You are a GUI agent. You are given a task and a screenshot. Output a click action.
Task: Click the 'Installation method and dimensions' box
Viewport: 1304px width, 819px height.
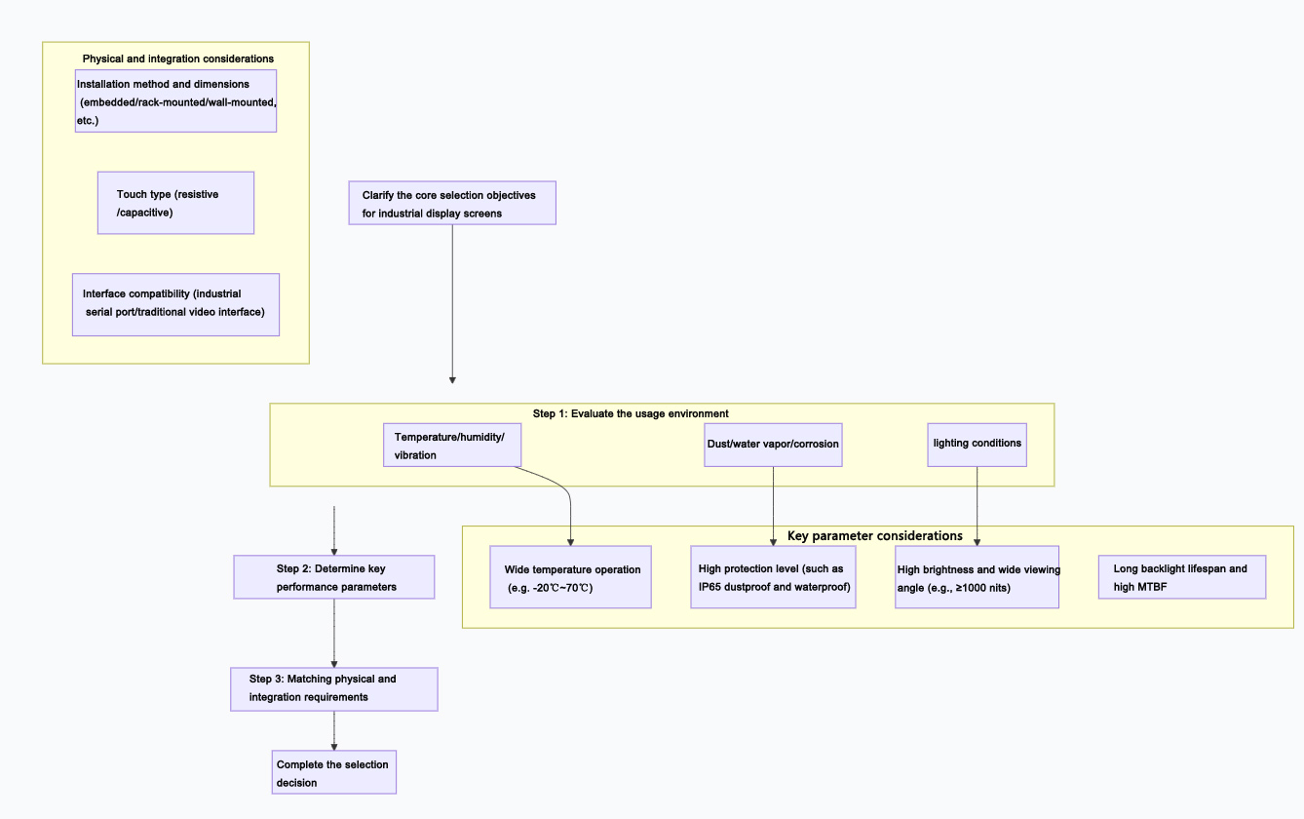175,100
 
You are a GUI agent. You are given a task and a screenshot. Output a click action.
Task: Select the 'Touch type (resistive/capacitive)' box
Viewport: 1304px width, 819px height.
175,203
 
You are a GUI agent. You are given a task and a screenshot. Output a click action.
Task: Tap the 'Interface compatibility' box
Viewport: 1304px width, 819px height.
175,304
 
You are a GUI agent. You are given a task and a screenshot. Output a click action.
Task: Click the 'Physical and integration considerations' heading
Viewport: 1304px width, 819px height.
177,58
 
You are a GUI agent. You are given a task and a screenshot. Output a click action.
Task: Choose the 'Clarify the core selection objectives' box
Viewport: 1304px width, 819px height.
452,203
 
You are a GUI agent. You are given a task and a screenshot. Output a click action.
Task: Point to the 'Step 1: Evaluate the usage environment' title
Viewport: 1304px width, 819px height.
631,413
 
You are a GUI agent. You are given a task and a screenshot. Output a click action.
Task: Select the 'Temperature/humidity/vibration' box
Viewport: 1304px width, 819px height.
452,446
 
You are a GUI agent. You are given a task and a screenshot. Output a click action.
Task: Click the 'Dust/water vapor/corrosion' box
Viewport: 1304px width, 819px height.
773,445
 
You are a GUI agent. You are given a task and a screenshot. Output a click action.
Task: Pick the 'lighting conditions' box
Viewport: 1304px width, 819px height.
977,445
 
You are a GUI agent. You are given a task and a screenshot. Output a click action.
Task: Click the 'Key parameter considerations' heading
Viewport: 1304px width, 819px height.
874,536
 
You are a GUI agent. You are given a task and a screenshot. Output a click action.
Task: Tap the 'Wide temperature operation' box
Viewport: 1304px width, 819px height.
570,577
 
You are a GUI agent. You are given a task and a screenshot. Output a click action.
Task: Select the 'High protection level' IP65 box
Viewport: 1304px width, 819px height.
773,577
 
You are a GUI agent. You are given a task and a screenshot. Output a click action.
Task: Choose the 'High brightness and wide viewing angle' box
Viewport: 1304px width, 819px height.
977,577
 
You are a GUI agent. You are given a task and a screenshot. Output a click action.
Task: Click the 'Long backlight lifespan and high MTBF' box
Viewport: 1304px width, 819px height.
1181,577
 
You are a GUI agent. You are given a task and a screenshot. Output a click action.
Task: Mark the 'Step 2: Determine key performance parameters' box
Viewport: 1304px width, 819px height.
334,577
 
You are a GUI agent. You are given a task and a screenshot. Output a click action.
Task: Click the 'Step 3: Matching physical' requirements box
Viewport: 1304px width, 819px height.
334,688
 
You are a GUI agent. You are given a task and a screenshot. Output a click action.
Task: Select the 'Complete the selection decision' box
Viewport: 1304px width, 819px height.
334,772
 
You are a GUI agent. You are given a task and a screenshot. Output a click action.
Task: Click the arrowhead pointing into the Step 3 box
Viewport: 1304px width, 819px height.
334,662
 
